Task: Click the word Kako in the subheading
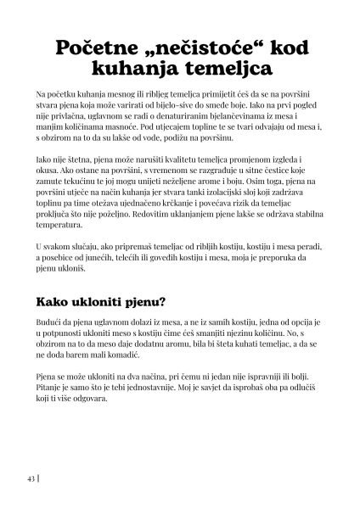point(58,302)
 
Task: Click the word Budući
point(52,324)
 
